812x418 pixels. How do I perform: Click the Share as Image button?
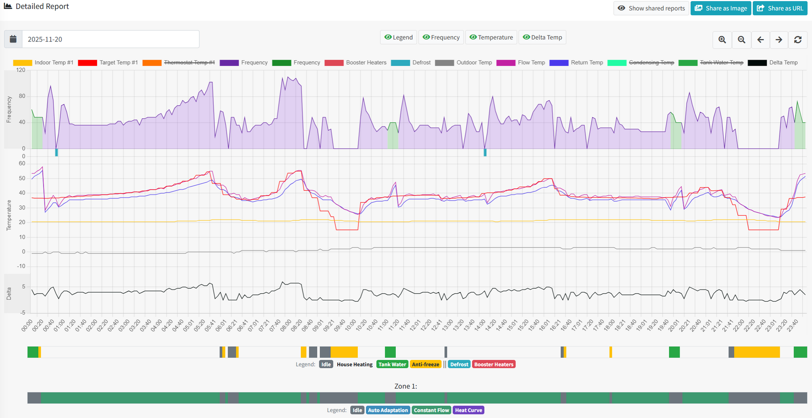721,8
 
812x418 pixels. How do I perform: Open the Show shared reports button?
651,8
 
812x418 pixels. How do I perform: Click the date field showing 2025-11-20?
110,39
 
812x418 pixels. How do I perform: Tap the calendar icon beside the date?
13,39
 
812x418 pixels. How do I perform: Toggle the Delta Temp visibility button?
542,37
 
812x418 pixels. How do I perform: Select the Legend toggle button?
398,37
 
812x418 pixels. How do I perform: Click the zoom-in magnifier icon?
722,39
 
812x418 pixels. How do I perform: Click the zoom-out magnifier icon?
742,39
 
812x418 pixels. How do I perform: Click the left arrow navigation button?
760,39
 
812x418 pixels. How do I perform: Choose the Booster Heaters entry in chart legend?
366,63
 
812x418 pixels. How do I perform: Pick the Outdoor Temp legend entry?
474,63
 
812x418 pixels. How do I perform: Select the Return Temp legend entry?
587,63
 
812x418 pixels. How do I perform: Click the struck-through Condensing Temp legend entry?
651,63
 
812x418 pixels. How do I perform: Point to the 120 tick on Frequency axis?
21,70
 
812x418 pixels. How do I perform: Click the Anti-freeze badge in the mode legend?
426,364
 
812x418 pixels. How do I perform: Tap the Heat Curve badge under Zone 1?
468,410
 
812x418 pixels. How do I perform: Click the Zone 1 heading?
405,386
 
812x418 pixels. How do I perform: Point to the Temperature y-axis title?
9,215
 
